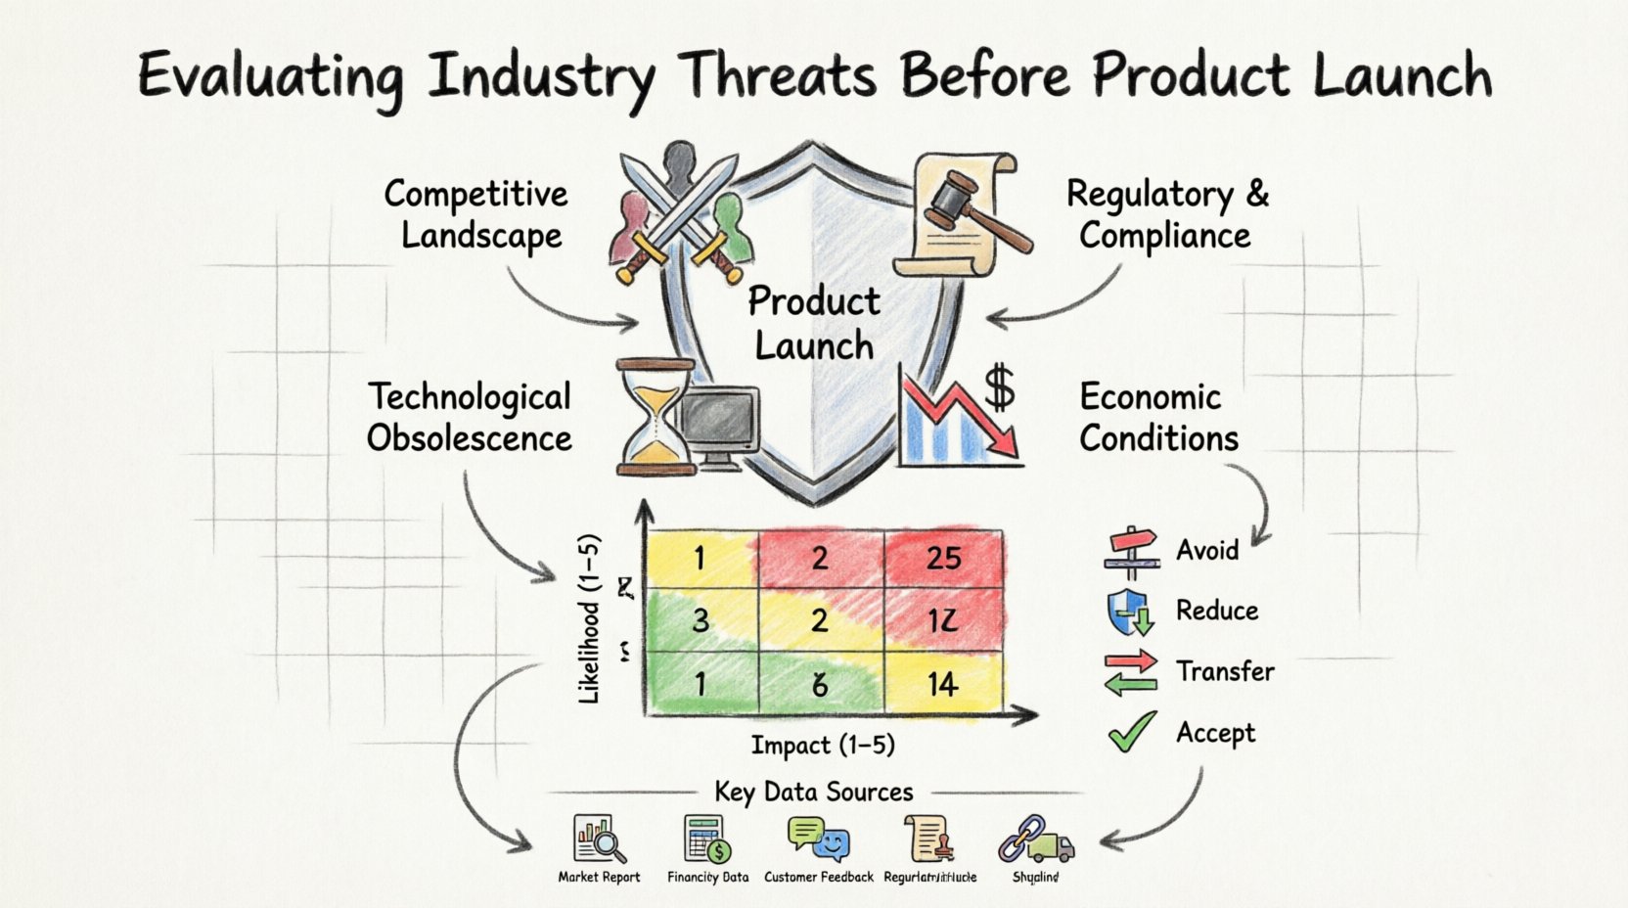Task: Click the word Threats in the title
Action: pos(779,76)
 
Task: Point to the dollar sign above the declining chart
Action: pos(999,386)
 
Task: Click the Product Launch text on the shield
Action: pos(814,324)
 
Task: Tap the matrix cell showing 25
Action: pos(943,559)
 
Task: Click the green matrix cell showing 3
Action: pos(700,620)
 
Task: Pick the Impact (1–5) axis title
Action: pos(823,746)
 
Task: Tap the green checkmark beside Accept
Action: pos(1132,732)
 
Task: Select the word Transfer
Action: pos(1225,671)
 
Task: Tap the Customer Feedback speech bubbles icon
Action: pos(818,839)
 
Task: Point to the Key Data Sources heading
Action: pos(814,792)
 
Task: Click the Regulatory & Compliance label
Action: pos(1166,215)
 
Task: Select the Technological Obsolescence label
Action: pos(470,418)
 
